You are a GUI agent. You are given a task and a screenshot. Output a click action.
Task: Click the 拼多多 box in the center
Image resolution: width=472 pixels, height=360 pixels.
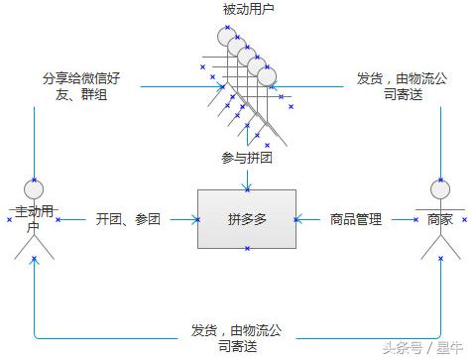point(246,219)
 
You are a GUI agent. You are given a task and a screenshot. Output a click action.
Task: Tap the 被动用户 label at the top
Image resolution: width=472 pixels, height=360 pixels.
point(248,9)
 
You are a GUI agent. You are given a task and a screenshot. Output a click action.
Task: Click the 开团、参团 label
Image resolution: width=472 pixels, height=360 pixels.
point(128,219)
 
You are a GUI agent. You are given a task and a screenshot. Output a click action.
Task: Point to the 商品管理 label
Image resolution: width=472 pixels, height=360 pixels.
point(356,219)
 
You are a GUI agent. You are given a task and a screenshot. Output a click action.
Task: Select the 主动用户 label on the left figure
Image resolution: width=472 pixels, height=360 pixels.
point(35,219)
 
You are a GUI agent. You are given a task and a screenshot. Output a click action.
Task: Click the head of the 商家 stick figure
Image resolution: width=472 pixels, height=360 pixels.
point(439,188)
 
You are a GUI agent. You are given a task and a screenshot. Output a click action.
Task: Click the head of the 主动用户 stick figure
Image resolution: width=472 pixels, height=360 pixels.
point(35,188)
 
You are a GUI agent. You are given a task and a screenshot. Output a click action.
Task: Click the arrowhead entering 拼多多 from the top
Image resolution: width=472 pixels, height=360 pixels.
point(246,184)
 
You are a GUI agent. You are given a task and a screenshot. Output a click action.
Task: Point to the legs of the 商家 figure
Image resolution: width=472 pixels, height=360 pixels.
point(439,248)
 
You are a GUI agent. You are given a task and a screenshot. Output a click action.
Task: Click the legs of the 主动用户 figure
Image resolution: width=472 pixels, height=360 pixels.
point(35,248)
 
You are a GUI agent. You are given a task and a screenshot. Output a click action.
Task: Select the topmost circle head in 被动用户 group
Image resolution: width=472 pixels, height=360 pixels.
point(226,35)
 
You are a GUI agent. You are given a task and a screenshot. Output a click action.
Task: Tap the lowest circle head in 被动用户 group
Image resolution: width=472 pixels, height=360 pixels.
point(267,75)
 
